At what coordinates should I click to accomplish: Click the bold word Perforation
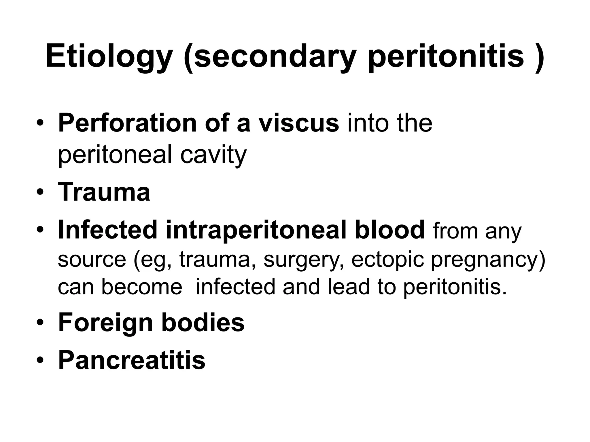click(x=127, y=123)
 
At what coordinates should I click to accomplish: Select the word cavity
click(x=213, y=155)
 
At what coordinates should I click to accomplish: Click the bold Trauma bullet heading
click(x=104, y=192)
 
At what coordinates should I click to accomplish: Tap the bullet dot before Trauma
click(x=40, y=192)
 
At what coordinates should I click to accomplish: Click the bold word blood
click(x=389, y=230)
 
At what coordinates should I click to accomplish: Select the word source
click(x=92, y=260)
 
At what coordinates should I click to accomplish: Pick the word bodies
click(x=203, y=323)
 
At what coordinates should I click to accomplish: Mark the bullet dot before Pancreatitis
click(x=40, y=360)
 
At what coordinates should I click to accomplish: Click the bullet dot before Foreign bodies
click(x=40, y=323)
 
